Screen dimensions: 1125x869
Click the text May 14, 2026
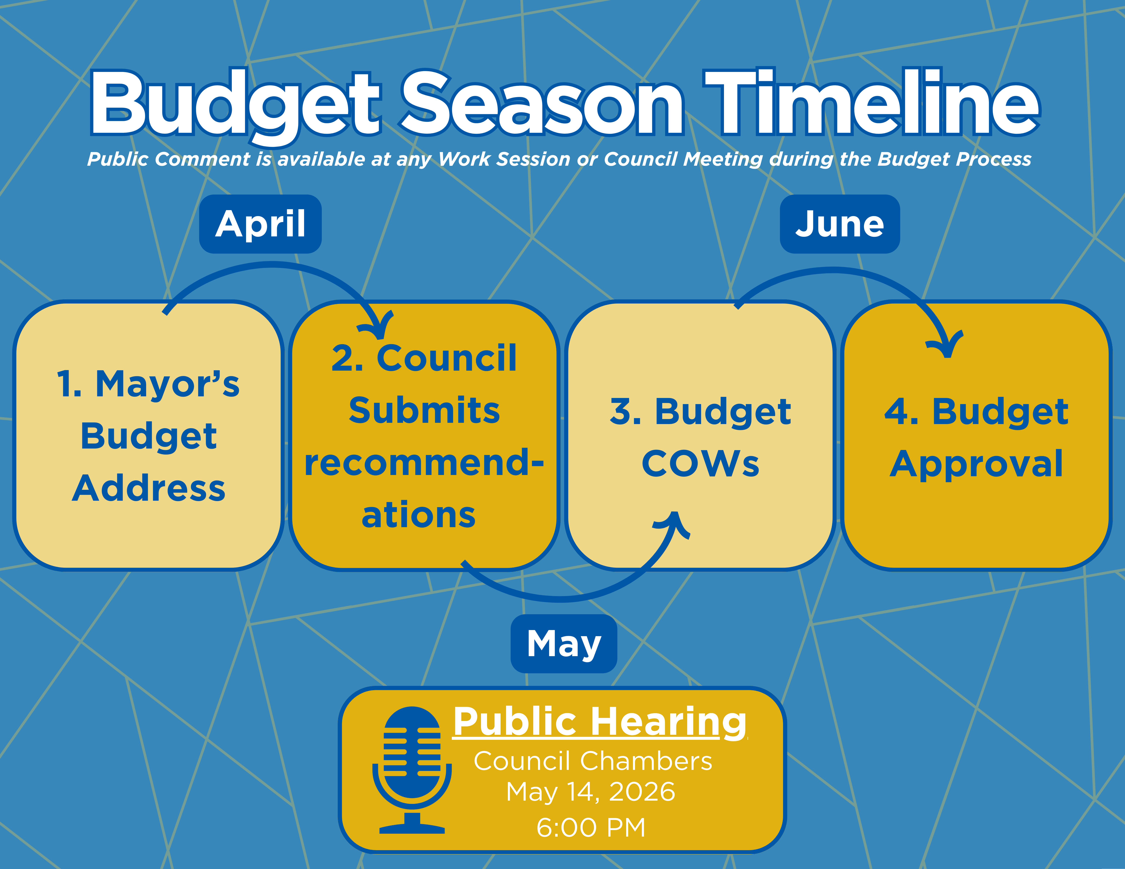pyautogui.click(x=591, y=792)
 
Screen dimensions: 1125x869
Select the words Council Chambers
pyautogui.click(x=593, y=761)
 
